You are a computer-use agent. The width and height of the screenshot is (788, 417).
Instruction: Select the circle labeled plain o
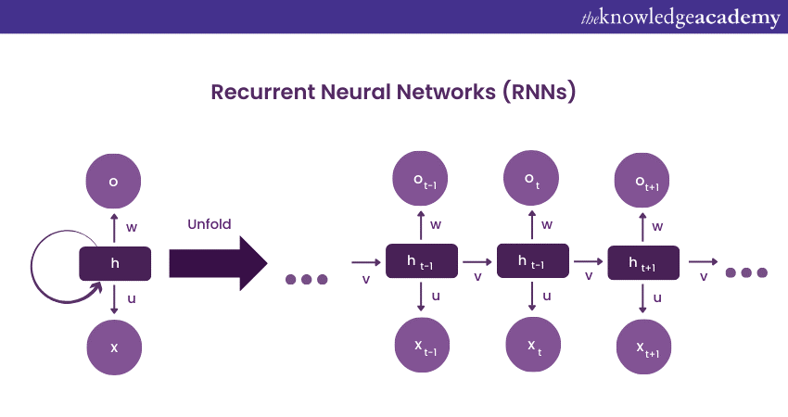pos(114,181)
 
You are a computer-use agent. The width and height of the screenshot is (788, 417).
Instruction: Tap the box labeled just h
pos(115,263)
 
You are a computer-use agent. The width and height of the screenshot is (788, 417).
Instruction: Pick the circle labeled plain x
pos(114,347)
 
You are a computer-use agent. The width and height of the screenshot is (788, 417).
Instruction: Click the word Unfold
pos(210,223)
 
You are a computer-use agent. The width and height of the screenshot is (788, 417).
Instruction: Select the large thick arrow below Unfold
pos(218,263)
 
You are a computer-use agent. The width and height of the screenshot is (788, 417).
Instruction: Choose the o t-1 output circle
pos(422,180)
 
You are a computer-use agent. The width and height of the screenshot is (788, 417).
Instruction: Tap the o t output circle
pos(532,180)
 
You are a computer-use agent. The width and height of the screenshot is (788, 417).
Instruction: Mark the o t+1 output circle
pos(643,180)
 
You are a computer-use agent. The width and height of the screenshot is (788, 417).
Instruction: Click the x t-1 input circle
pos(422,347)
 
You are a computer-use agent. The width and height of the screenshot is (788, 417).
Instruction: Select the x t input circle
pos(532,347)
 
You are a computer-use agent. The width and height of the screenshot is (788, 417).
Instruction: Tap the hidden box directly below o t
pos(532,262)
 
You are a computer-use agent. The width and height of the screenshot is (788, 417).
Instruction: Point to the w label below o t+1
pos(657,226)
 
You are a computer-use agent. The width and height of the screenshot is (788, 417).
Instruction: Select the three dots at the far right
pos(747,272)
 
